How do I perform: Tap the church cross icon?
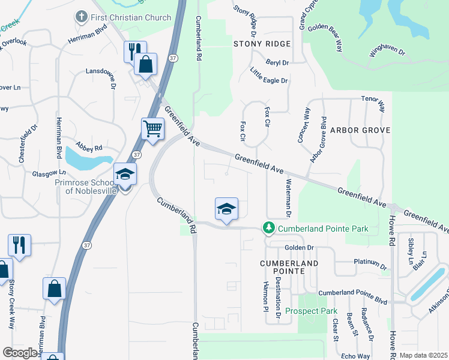pyautogui.click(x=82, y=17)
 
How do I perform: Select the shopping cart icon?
pyautogui.click(x=152, y=128)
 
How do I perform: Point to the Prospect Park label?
pyautogui.click(x=311, y=311)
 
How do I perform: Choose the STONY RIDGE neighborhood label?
pyautogui.click(x=262, y=44)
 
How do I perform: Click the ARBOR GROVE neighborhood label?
pyautogui.click(x=360, y=130)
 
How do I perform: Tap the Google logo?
pyautogui.click(x=20, y=353)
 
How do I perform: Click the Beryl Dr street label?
pyautogui.click(x=277, y=62)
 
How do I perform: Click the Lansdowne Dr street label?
pyautogui.click(x=112, y=77)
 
